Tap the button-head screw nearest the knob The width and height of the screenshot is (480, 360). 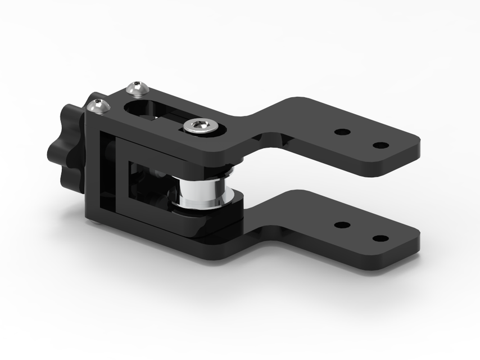pyautogui.click(x=98, y=105)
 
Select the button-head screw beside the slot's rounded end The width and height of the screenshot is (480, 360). pyautogui.click(x=137, y=88)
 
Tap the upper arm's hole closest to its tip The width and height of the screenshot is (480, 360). pyautogui.click(x=381, y=145)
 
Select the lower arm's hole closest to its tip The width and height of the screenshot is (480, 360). pyautogui.click(x=381, y=238)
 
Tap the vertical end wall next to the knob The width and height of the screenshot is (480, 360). pyautogui.click(x=92, y=169)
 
